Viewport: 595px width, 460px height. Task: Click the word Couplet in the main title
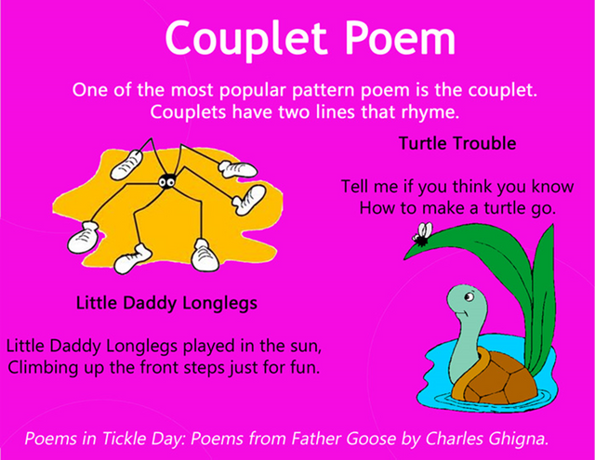click(x=245, y=38)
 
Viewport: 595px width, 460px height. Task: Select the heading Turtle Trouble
click(x=457, y=143)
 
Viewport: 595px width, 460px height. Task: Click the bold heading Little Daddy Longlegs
click(x=166, y=303)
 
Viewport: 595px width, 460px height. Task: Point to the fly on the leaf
click(x=423, y=234)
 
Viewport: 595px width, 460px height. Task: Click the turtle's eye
click(x=469, y=296)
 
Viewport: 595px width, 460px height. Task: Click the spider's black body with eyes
click(x=166, y=181)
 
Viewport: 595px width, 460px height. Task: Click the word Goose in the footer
click(x=372, y=439)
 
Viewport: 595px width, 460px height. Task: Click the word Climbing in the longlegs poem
click(x=43, y=368)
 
